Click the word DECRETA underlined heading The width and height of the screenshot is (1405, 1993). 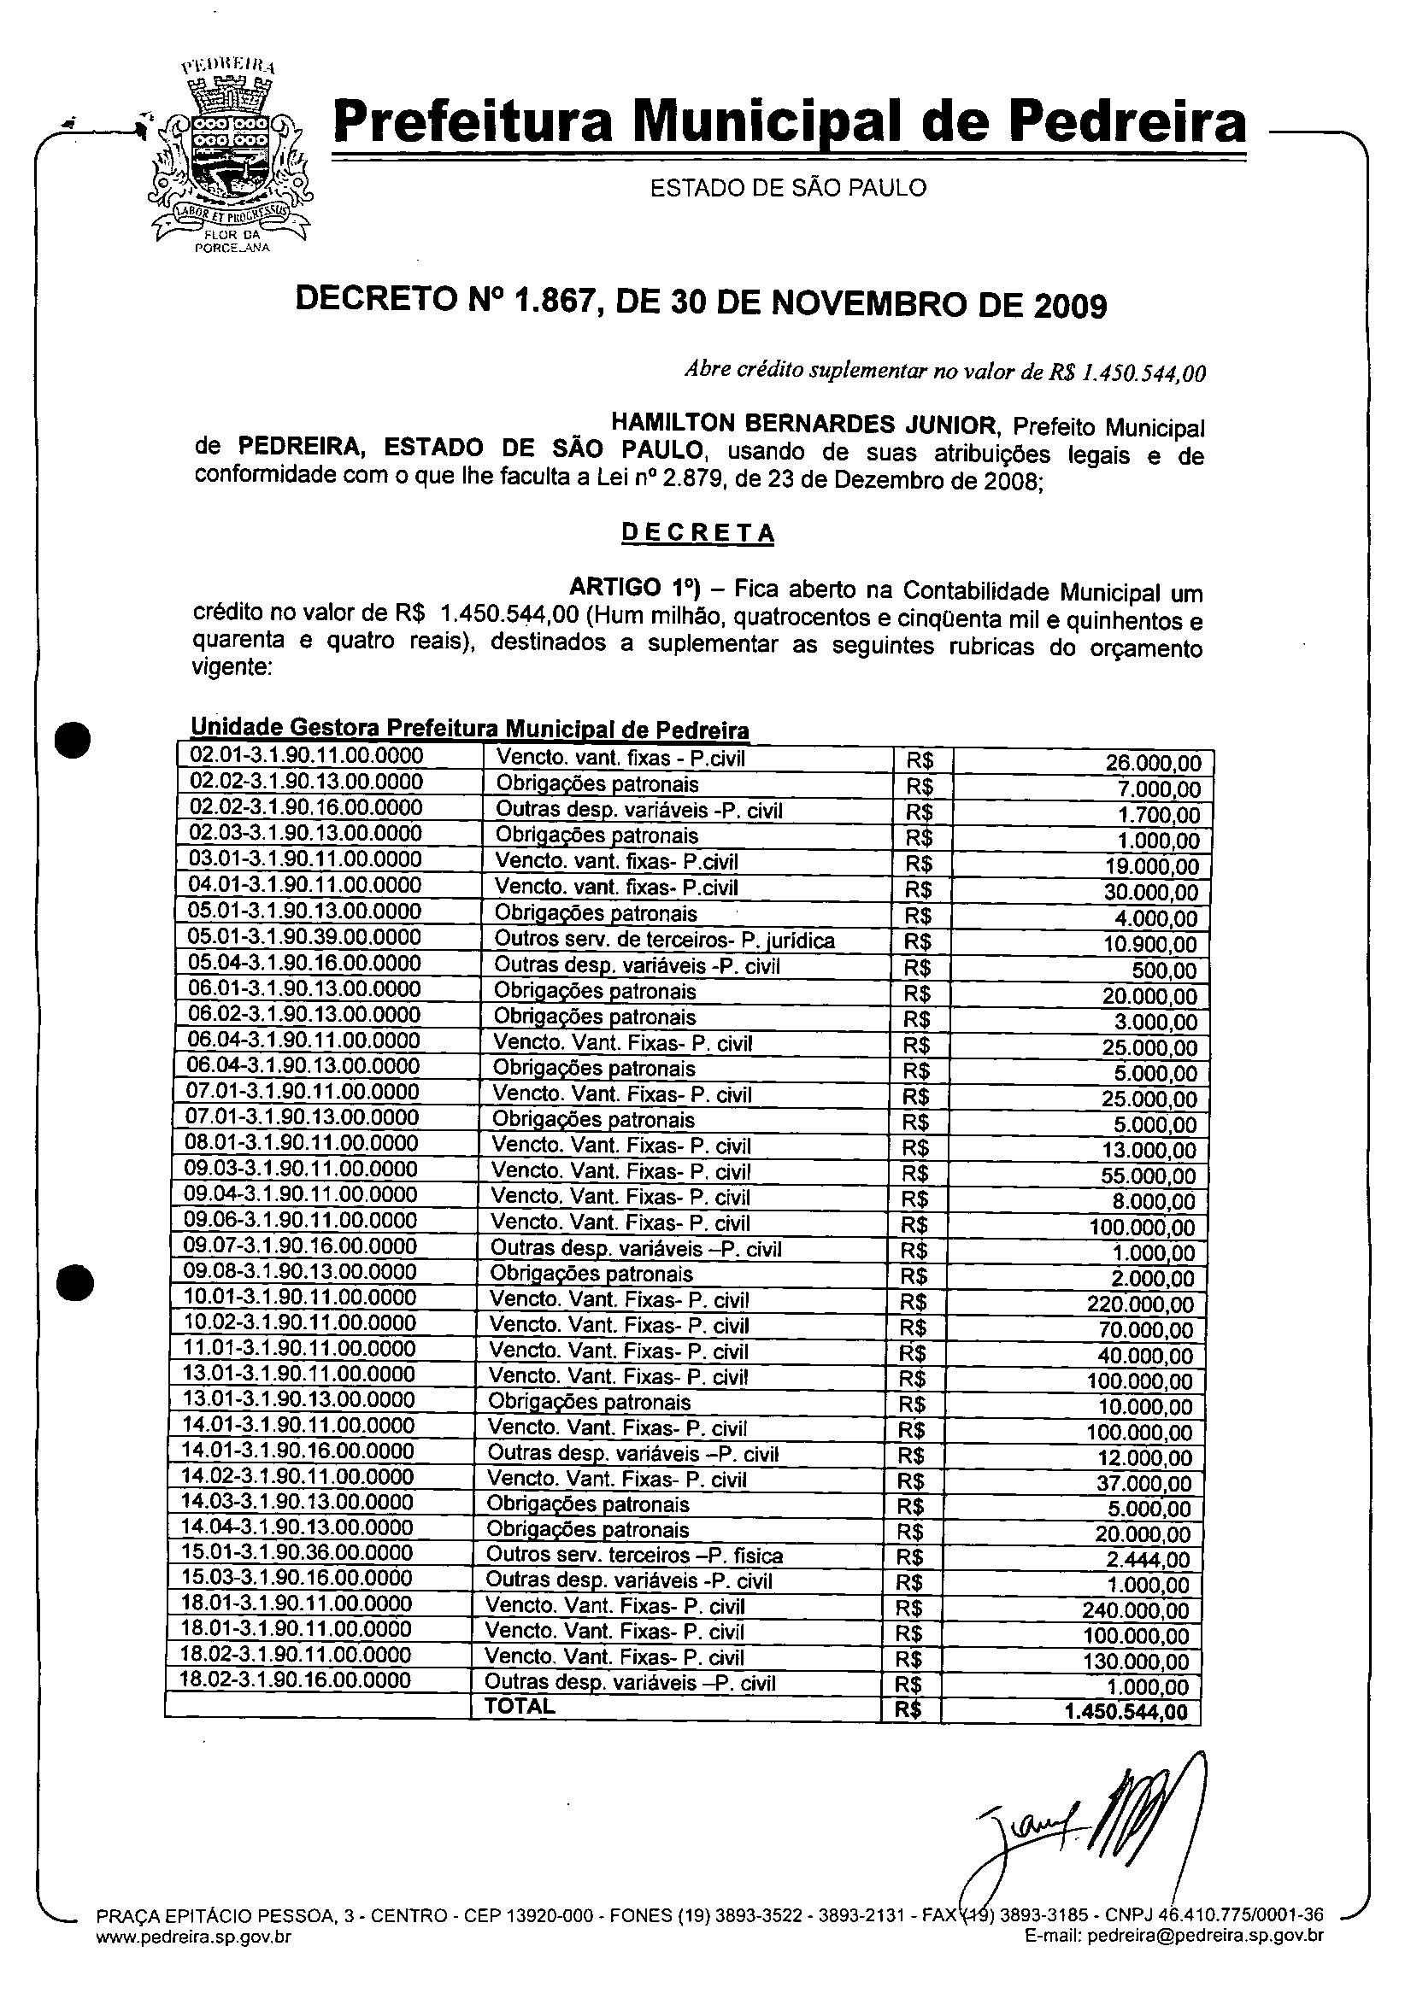click(697, 532)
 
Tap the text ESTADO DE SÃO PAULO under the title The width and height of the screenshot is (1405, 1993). click(788, 187)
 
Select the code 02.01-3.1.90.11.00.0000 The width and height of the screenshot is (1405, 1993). click(307, 755)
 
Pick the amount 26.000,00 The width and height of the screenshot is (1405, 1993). click(1153, 763)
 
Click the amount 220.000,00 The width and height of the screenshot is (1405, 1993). click(1140, 1304)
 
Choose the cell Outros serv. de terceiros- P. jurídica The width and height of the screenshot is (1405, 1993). click(664, 939)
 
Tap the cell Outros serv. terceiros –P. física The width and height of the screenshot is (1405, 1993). click(634, 1555)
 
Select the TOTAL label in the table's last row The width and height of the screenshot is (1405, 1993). click(520, 1706)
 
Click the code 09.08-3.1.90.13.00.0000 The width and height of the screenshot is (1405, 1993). click(300, 1272)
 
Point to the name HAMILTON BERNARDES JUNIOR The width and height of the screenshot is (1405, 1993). click(803, 424)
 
